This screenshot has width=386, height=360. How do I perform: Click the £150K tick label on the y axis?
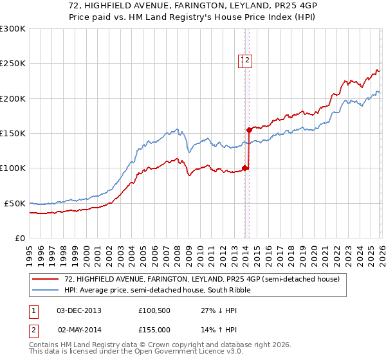pyautogui.click(x=13, y=133)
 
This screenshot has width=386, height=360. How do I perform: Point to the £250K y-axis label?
pyautogui.click(x=13, y=64)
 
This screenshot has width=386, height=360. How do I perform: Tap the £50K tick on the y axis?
pyautogui.click(x=15, y=203)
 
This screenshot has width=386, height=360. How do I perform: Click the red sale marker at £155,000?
pyautogui.click(x=249, y=130)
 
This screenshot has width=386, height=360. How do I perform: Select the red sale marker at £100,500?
pyautogui.click(x=244, y=168)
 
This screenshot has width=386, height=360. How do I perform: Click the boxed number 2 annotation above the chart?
pyautogui.click(x=248, y=62)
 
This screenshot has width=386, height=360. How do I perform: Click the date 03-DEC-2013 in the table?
pyautogui.click(x=79, y=310)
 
